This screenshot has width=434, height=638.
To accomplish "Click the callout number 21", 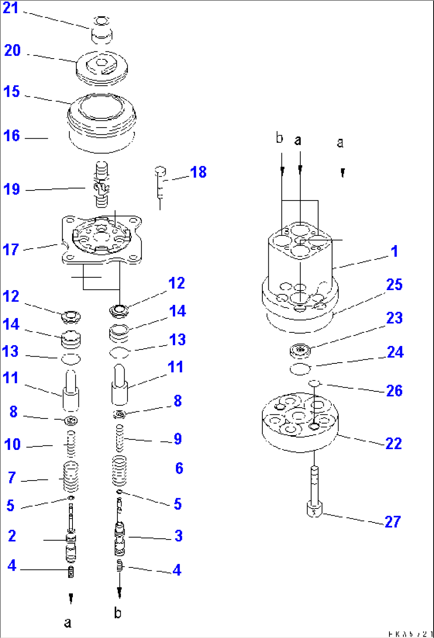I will click(x=11, y=8).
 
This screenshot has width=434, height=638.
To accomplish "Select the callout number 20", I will click(x=12, y=51).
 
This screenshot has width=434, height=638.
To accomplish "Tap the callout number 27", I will click(x=393, y=522).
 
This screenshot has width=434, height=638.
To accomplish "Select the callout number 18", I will click(x=198, y=172).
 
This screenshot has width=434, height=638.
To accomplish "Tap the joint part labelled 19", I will click(x=102, y=184).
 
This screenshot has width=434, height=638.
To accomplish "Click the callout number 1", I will click(x=394, y=251).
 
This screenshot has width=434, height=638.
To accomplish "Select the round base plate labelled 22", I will click(x=300, y=422).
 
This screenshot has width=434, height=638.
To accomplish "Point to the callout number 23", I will click(x=394, y=318).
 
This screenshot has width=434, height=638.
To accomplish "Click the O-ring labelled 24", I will click(x=300, y=369).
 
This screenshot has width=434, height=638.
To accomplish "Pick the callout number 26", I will click(x=394, y=391).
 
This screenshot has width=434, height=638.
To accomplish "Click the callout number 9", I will click(x=178, y=439).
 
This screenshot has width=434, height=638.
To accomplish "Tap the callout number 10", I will click(x=12, y=444).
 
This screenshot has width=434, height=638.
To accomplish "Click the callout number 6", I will click(x=179, y=468).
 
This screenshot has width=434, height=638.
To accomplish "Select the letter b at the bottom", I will click(x=118, y=612).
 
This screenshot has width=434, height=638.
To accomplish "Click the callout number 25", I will click(x=394, y=285).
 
